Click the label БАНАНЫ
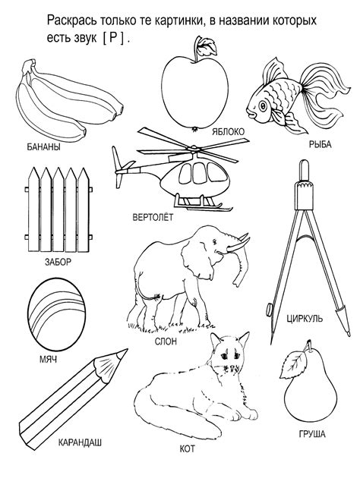pos(43,146)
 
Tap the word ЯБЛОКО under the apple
pos(229,131)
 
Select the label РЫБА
pos(320,145)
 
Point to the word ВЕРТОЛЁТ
pos(153,217)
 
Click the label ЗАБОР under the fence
pos(58,262)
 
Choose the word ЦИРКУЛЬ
pos(305,319)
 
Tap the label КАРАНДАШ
pos(80,442)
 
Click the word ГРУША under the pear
pos(312,434)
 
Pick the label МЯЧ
pos(48,359)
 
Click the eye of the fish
pos(263,106)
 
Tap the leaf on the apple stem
pos(207,46)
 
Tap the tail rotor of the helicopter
pos(118,167)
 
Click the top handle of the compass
pos(304,171)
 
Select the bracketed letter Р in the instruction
pos(113,38)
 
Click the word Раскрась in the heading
pos(72,21)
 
